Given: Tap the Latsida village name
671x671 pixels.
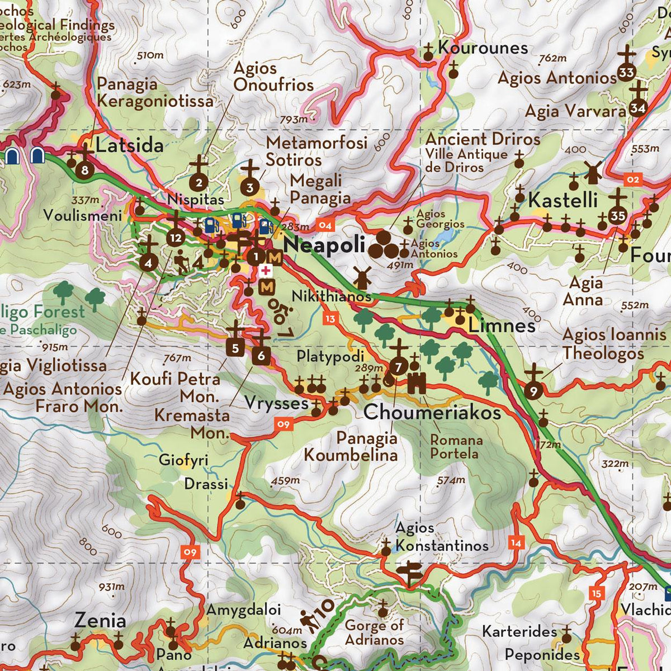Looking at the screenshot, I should click(x=130, y=145).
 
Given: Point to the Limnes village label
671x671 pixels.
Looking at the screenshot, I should click(x=502, y=325).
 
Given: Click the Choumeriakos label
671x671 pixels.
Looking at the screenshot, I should click(x=432, y=412).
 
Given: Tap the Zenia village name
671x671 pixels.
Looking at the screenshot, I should click(x=101, y=620).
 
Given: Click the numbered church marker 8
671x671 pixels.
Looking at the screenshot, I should click(x=85, y=170).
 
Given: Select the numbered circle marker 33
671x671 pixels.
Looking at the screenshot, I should click(x=627, y=73).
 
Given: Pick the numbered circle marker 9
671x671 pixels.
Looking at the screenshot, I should click(x=533, y=391).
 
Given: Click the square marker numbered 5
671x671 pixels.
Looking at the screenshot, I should click(x=235, y=348).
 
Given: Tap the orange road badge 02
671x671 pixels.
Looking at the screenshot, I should click(x=632, y=179).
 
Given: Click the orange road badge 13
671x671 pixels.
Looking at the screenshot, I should click(x=330, y=319).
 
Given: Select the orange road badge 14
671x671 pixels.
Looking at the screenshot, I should click(x=516, y=543).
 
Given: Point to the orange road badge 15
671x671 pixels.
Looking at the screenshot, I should click(x=597, y=594).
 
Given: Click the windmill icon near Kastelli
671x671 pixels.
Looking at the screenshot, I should click(x=592, y=173).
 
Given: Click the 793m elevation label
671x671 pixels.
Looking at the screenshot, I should click(x=294, y=120).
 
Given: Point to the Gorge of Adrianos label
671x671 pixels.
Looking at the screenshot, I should click(x=374, y=632).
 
